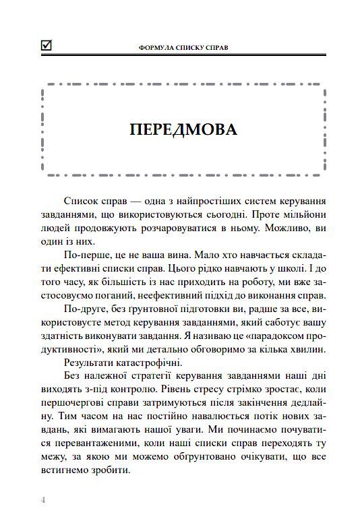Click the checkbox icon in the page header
pyautogui.click(x=47, y=46)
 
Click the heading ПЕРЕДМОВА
pyautogui.click(x=183, y=130)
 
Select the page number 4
pyautogui.click(x=44, y=499)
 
